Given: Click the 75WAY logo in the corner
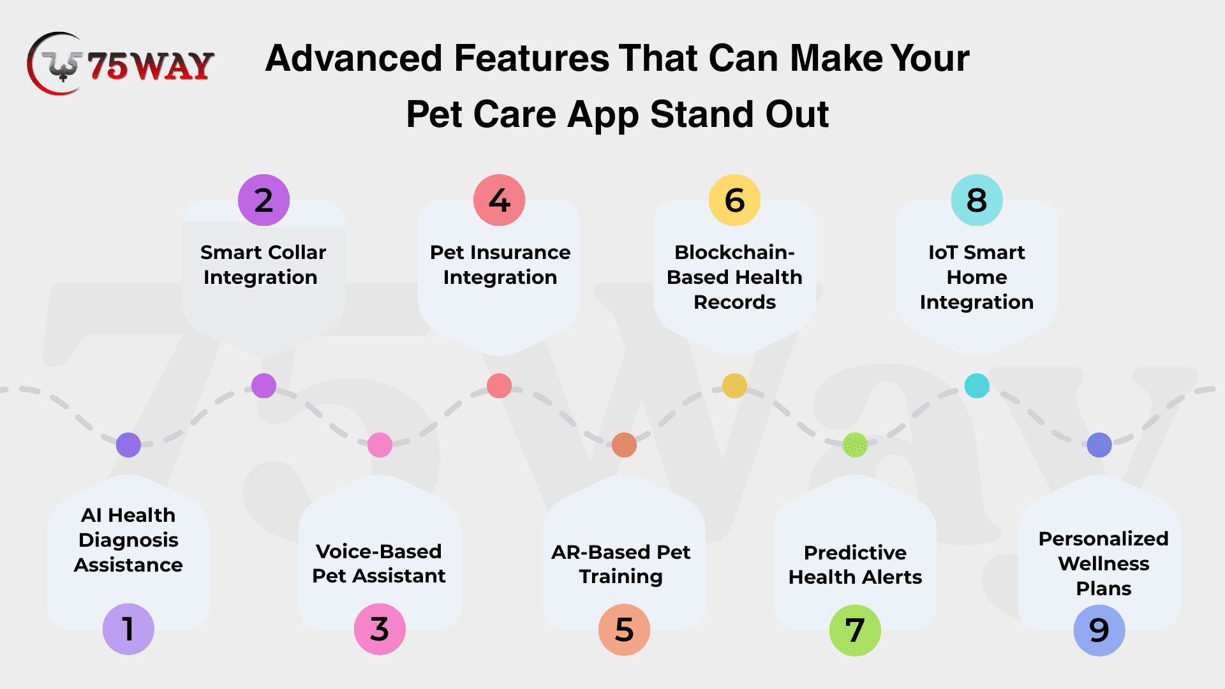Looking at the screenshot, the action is pos(120,64).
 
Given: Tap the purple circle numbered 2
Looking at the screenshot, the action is pos(264,200).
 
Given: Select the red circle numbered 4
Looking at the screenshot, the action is pos(499,200).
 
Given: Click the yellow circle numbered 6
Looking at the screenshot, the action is pos(734,200).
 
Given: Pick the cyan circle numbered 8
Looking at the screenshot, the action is pos(976,200).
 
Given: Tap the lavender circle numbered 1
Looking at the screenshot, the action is pos(128,629).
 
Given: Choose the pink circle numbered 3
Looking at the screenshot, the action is pos(380,629).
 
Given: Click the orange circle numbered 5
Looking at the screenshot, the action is pos(624,630).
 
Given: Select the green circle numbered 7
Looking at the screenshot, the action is pos(855,630).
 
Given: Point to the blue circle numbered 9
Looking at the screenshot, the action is pos(1099,630).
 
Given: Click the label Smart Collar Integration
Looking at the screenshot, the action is pos(263,265).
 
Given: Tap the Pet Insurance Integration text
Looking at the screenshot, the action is pos(500,265).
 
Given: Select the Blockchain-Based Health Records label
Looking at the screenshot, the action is pos(734,277).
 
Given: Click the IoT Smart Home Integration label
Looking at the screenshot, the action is pos(976,277).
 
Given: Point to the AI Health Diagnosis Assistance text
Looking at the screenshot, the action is pos(128,540).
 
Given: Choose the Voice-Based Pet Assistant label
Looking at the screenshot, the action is pos(379,563).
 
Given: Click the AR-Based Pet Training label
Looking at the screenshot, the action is pos(621,564).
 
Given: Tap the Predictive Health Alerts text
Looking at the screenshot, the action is pos(855,565).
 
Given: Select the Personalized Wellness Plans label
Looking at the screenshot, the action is pos(1103,563).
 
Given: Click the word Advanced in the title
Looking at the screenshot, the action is pos(353,58).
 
